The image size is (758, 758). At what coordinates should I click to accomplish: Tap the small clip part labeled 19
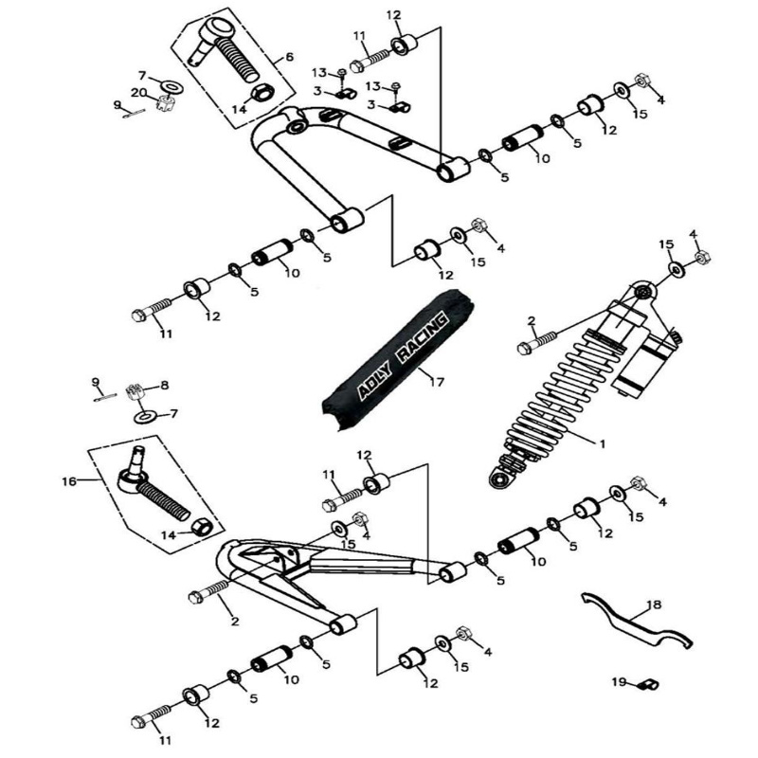tap(649, 683)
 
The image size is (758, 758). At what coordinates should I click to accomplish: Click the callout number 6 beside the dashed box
tap(290, 57)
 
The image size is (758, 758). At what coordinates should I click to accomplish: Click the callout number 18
tap(655, 604)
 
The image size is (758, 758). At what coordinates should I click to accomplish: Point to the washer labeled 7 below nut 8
tap(145, 416)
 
